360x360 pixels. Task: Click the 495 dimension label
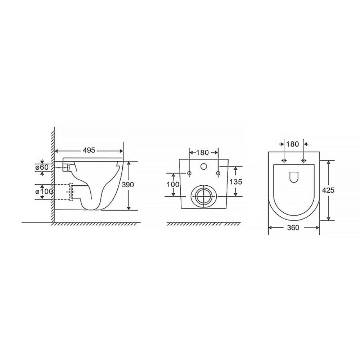[x=89, y=150]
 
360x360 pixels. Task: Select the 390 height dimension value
[x=127, y=185]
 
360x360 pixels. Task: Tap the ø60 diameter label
[x=42, y=167]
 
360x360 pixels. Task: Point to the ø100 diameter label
[x=44, y=191]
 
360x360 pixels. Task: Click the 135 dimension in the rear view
[x=235, y=181]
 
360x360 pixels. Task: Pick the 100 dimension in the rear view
[x=173, y=184]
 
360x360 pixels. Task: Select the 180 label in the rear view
[x=202, y=152]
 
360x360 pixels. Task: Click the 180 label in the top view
[x=293, y=144]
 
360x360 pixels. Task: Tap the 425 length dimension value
[x=328, y=190]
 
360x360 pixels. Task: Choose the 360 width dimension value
[x=293, y=228]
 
